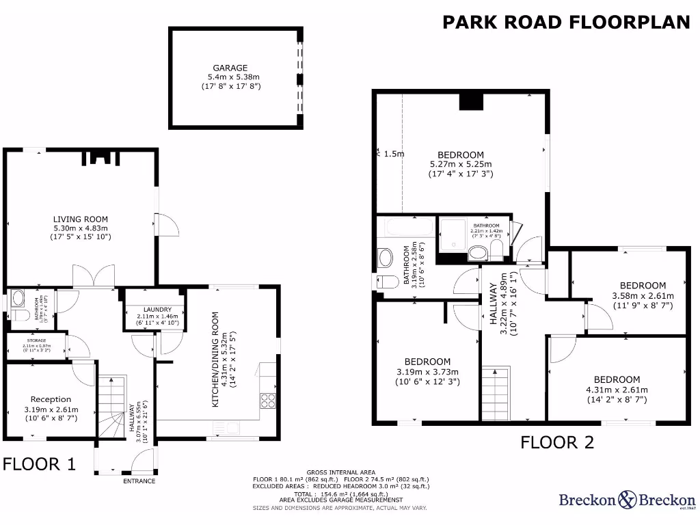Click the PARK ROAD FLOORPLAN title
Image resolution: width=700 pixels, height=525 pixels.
566,22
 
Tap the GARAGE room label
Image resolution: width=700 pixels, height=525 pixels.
230,68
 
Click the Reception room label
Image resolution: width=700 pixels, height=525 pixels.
51,399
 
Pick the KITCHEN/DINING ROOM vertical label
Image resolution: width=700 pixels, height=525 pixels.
215,360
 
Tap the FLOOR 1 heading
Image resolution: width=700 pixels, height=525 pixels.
39,465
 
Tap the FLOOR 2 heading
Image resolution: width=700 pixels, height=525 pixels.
557,442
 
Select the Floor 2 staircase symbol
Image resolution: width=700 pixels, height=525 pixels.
496,393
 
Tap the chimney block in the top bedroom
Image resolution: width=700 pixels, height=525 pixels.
470,100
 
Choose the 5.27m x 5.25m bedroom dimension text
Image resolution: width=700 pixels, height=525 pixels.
461,165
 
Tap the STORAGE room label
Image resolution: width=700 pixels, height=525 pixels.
37,340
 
